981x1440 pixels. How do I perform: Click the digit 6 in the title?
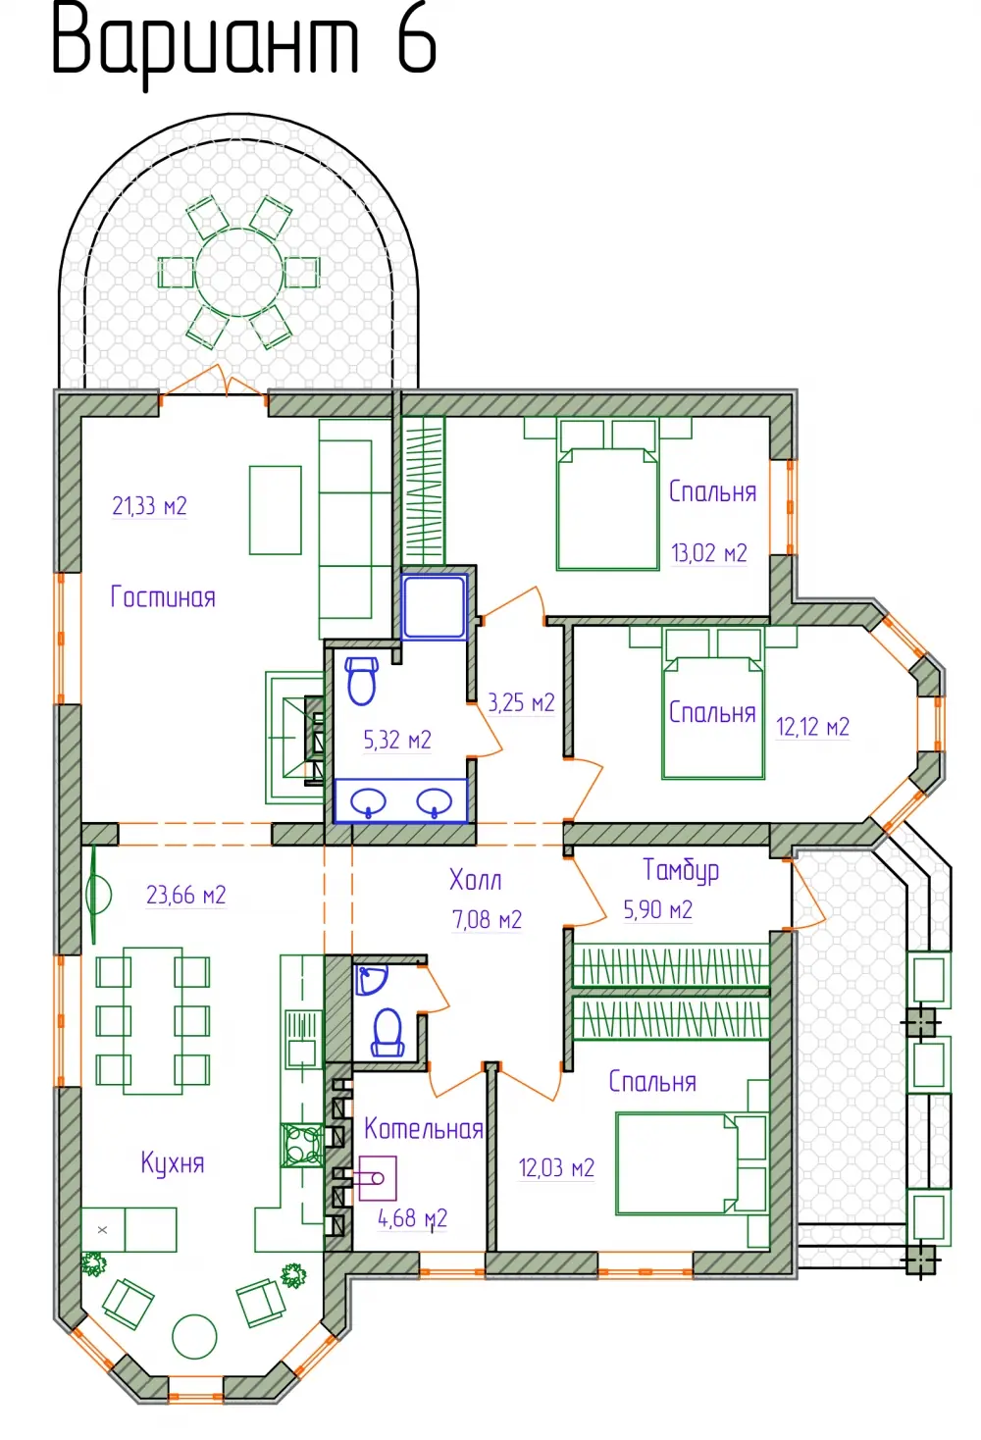[x=417, y=44]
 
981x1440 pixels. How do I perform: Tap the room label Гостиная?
[x=163, y=596]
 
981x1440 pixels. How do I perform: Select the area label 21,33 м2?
[x=149, y=506]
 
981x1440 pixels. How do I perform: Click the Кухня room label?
[x=173, y=1163]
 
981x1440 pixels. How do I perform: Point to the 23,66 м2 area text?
[x=185, y=895]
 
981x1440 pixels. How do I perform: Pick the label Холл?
[x=475, y=880]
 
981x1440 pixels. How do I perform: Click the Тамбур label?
[x=681, y=870]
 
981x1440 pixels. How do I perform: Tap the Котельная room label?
[x=424, y=1128]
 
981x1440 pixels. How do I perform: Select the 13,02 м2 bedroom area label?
[x=709, y=553]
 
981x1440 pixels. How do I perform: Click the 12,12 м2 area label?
[x=812, y=727]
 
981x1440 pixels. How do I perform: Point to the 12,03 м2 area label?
[x=556, y=1166]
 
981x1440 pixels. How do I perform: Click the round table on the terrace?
[x=239, y=273]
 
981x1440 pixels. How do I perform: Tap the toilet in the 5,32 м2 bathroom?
[x=361, y=681]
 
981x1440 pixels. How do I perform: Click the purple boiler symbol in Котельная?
[x=378, y=1178]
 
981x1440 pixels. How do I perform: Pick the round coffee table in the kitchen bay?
[x=194, y=1336]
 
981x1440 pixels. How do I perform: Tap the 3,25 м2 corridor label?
[x=521, y=702]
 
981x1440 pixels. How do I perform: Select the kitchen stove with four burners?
[x=301, y=1145]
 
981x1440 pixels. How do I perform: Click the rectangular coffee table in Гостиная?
[x=275, y=510]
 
